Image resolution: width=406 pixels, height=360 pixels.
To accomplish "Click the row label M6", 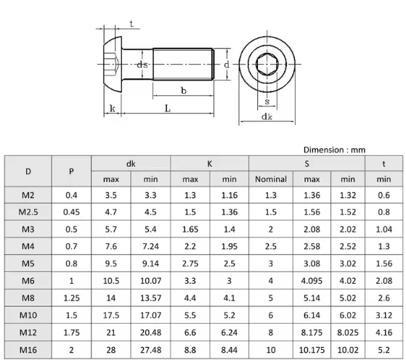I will tap(28, 279).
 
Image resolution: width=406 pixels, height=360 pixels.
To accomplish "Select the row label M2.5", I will tap(28, 212).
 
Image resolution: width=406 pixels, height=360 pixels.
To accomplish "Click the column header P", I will tap(70, 171).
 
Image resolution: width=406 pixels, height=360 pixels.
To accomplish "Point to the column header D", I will tap(28, 171).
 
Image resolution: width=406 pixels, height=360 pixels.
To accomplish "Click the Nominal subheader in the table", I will tap(271, 179).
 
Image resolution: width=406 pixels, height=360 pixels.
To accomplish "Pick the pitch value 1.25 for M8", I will tap(70, 297).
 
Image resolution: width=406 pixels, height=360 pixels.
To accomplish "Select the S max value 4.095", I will tap(312, 279).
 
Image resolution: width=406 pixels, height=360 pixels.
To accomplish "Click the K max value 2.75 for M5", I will tap(190, 263).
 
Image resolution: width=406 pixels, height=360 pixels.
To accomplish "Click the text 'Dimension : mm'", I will tap(334, 150).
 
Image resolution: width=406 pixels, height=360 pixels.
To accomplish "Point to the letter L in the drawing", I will tap(167, 109).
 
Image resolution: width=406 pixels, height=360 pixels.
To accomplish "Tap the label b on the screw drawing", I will tap(183, 91).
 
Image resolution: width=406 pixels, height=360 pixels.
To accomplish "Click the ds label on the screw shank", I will tap(144, 65).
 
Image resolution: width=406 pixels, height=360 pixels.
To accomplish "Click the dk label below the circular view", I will tap(267, 116).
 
